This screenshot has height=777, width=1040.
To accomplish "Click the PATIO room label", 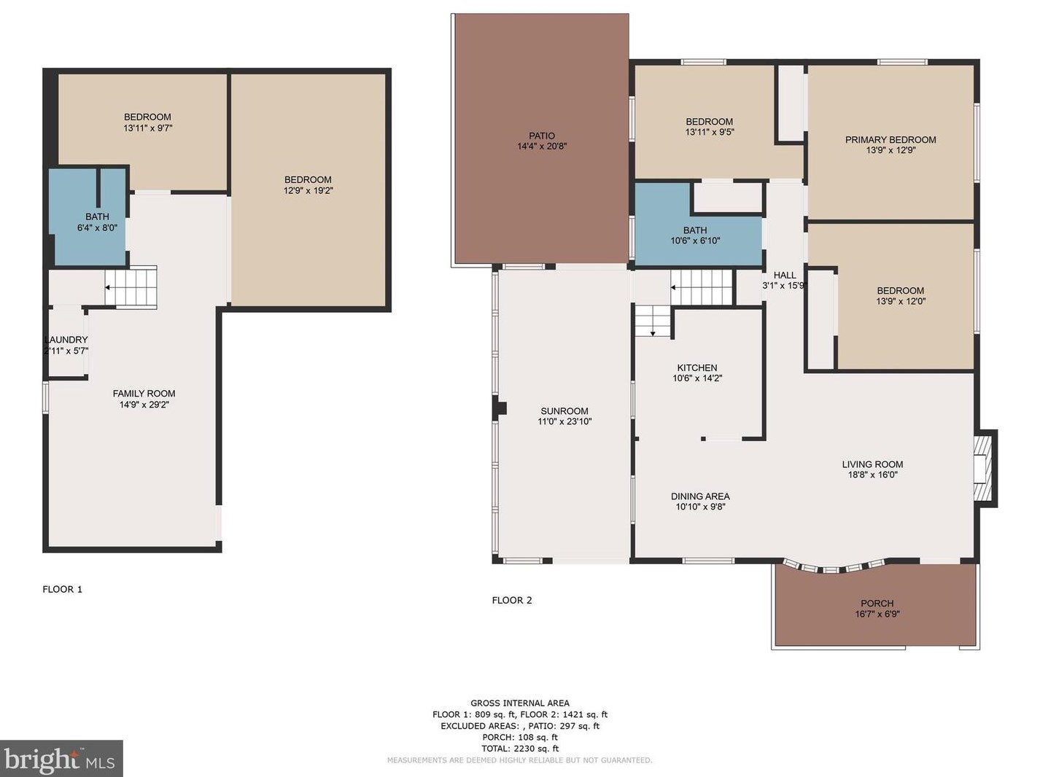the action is tap(542, 136).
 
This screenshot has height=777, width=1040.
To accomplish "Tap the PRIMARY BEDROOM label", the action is tap(890, 140).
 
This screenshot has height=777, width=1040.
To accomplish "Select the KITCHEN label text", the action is tap(697, 367).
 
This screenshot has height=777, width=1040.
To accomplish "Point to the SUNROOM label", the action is tap(564, 411).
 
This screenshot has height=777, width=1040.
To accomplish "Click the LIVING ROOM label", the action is tap(872, 464).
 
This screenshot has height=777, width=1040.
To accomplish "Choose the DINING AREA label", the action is tap(700, 496).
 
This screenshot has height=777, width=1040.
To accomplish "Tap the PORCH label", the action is tap(877, 604).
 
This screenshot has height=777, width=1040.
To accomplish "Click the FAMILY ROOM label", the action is tap(144, 394).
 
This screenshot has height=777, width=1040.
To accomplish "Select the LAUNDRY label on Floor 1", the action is tap(66, 340).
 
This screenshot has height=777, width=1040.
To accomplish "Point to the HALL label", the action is tap(785, 275).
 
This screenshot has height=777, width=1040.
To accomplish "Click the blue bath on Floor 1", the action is tap(90, 217).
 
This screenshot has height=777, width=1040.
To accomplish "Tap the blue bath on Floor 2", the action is tap(698, 222).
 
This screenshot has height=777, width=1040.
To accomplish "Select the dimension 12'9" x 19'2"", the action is tap(308, 190).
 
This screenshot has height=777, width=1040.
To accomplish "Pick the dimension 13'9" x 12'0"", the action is tap(900, 300).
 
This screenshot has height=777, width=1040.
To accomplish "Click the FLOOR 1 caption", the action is tap(62, 589).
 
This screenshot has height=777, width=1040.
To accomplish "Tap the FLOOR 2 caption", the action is tap(512, 600).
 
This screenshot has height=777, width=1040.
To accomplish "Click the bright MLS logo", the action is tap(61, 758).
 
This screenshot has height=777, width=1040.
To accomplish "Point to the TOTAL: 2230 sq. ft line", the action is tap(520, 748).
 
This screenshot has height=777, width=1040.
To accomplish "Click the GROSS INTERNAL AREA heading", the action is tap(520, 703).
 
